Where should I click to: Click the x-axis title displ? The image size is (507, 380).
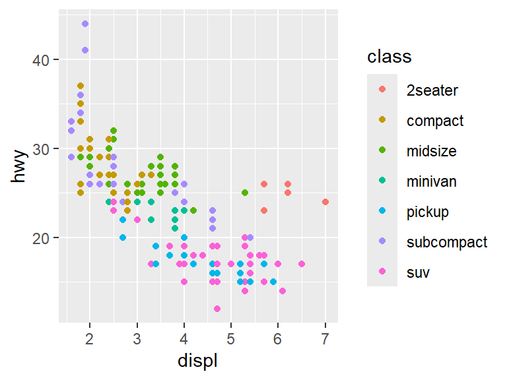(198, 361)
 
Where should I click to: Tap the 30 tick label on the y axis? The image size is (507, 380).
(41, 149)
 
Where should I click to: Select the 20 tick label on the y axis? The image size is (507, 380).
(41, 238)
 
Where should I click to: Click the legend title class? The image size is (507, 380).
(389, 57)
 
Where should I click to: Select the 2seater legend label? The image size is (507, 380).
(432, 90)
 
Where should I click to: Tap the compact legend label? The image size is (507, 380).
(435, 121)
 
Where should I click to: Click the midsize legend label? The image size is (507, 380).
(432, 151)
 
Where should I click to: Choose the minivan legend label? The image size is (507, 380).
(432, 181)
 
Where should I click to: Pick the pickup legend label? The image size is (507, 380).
(428, 212)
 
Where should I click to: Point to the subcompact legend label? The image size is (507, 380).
(447, 242)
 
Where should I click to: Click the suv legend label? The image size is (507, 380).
(418, 272)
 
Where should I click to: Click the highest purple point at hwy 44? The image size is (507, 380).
(85, 24)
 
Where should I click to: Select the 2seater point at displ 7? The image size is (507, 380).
(325, 202)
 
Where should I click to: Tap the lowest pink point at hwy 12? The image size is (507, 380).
(217, 309)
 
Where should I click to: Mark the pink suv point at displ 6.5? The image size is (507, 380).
(302, 264)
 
